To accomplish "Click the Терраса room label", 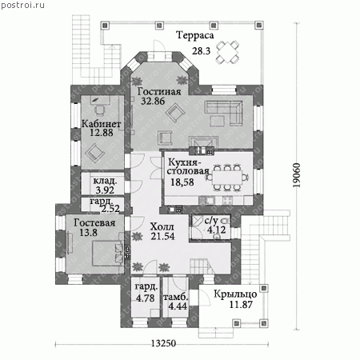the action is pyautogui.click(x=195, y=36).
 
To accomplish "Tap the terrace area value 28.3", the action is pyautogui.click(x=202, y=50).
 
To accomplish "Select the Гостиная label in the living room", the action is pyautogui.click(x=159, y=91).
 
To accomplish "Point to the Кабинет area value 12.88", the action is pyautogui.click(x=102, y=133).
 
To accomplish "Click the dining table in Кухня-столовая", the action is pyautogui.click(x=227, y=178).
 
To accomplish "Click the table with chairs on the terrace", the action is pyautogui.click(x=227, y=52).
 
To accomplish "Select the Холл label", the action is pyautogui.click(x=162, y=227).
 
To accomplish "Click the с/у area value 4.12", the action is pyautogui.click(x=217, y=230).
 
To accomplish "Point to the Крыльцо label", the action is pyautogui.click(x=235, y=294).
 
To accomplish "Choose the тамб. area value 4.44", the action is pyautogui.click(x=178, y=306).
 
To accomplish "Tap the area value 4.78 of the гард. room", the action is pyautogui.click(x=146, y=298).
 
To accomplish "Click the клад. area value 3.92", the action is pyautogui.click(x=105, y=190).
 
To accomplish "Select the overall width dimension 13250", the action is pyautogui.click(x=164, y=343).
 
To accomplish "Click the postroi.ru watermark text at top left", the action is pyautogui.click(x=22, y=5).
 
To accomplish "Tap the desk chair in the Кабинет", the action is pyautogui.click(x=100, y=110).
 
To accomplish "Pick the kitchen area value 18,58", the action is pyautogui.click(x=182, y=182).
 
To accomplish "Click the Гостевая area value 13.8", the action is pyautogui.click(x=88, y=233).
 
